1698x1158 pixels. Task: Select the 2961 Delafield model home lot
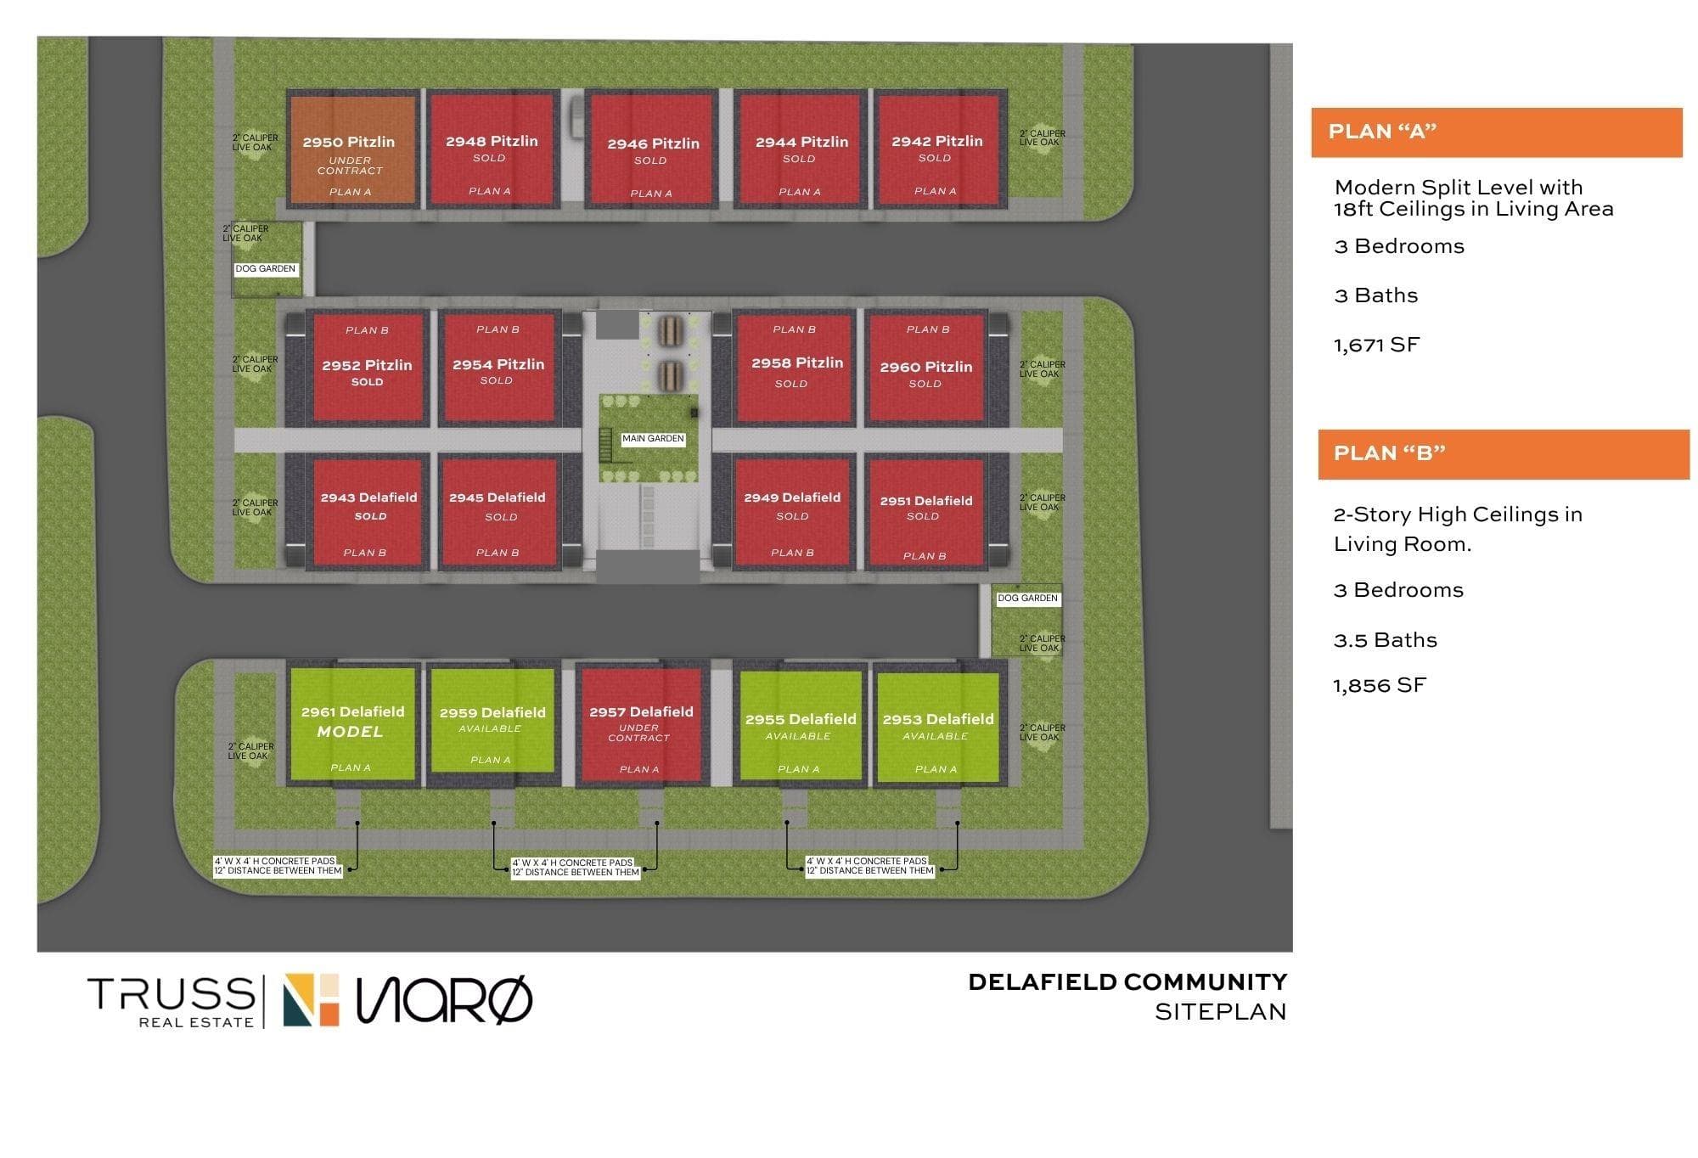pos(352,723)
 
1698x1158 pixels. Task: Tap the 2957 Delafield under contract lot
pos(641,725)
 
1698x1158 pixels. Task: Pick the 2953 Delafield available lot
pos(937,727)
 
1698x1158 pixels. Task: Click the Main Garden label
pos(653,439)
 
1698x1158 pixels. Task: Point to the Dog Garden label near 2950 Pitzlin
pos(266,269)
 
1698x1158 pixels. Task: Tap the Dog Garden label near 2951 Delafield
pos(1027,599)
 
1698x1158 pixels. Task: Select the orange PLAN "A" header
pos(1496,132)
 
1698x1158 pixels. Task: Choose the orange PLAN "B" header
pos(1504,454)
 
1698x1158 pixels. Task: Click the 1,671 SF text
pos(1376,345)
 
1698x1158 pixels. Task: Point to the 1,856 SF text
pos(1380,685)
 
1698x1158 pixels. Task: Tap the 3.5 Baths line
pos(1386,640)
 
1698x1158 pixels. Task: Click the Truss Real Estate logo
pos(171,1002)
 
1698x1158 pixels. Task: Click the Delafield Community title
pos(1127,982)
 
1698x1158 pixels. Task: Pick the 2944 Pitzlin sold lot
pos(801,149)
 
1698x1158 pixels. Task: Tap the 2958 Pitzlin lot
pos(795,368)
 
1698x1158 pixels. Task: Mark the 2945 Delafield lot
pos(498,513)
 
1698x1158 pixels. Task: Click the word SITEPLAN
pos(1221,1012)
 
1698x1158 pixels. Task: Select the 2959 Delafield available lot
pos(492,721)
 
